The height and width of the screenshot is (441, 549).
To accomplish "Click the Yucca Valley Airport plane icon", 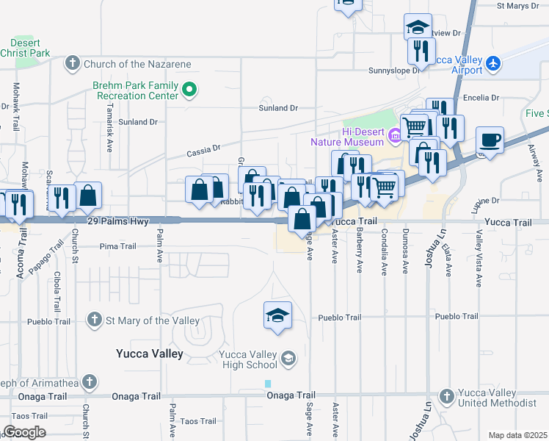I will [x=493, y=64].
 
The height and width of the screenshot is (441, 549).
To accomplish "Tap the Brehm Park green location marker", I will [x=189, y=90].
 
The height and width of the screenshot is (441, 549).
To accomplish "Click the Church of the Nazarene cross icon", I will [x=73, y=64].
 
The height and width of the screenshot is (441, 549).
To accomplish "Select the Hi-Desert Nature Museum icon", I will [x=393, y=135].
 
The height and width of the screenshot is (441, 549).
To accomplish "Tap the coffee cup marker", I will [x=490, y=140].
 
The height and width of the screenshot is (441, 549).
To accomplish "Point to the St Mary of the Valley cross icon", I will [x=94, y=320].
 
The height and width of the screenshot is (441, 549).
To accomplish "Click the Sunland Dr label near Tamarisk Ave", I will [x=138, y=121].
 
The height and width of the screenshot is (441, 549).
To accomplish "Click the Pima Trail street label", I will [x=117, y=245].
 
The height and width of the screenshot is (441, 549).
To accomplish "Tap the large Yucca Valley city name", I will [x=149, y=354].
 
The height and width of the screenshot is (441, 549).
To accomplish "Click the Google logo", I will [x=23, y=432].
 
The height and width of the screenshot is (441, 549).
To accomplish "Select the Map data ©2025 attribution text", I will [x=517, y=435].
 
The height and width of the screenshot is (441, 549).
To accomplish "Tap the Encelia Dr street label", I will [x=481, y=97].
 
